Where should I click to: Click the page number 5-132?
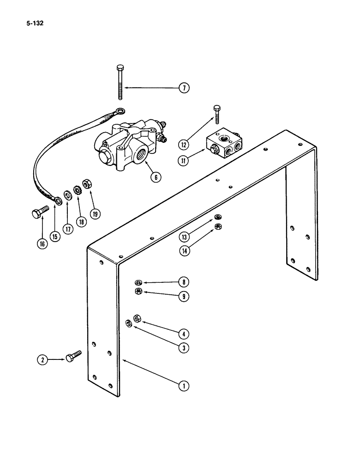point(29,23)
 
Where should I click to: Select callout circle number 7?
point(184,87)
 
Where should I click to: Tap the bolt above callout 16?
point(38,213)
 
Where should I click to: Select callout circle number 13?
point(184,237)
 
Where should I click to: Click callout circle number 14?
point(184,251)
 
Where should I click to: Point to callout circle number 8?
point(184,281)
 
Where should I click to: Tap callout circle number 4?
point(184,333)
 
